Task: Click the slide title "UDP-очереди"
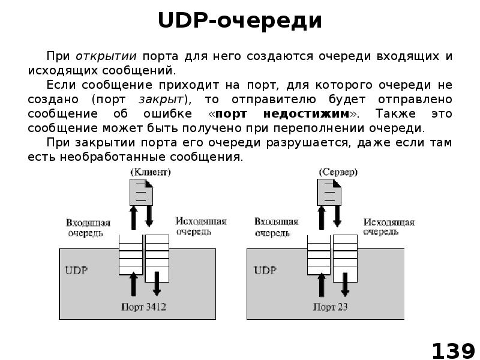click(240, 22)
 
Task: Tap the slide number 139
click(453, 350)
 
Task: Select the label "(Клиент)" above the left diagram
click(151, 172)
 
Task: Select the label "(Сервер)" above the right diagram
click(338, 172)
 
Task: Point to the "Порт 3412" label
click(143, 307)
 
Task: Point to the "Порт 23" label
click(330, 307)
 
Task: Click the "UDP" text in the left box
click(76, 270)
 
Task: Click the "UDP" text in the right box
click(265, 270)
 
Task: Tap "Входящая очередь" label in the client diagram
click(88, 227)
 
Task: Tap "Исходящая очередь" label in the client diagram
click(201, 226)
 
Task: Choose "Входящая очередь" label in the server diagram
click(275, 227)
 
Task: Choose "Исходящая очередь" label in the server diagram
click(389, 226)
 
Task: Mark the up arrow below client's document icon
click(134, 220)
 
